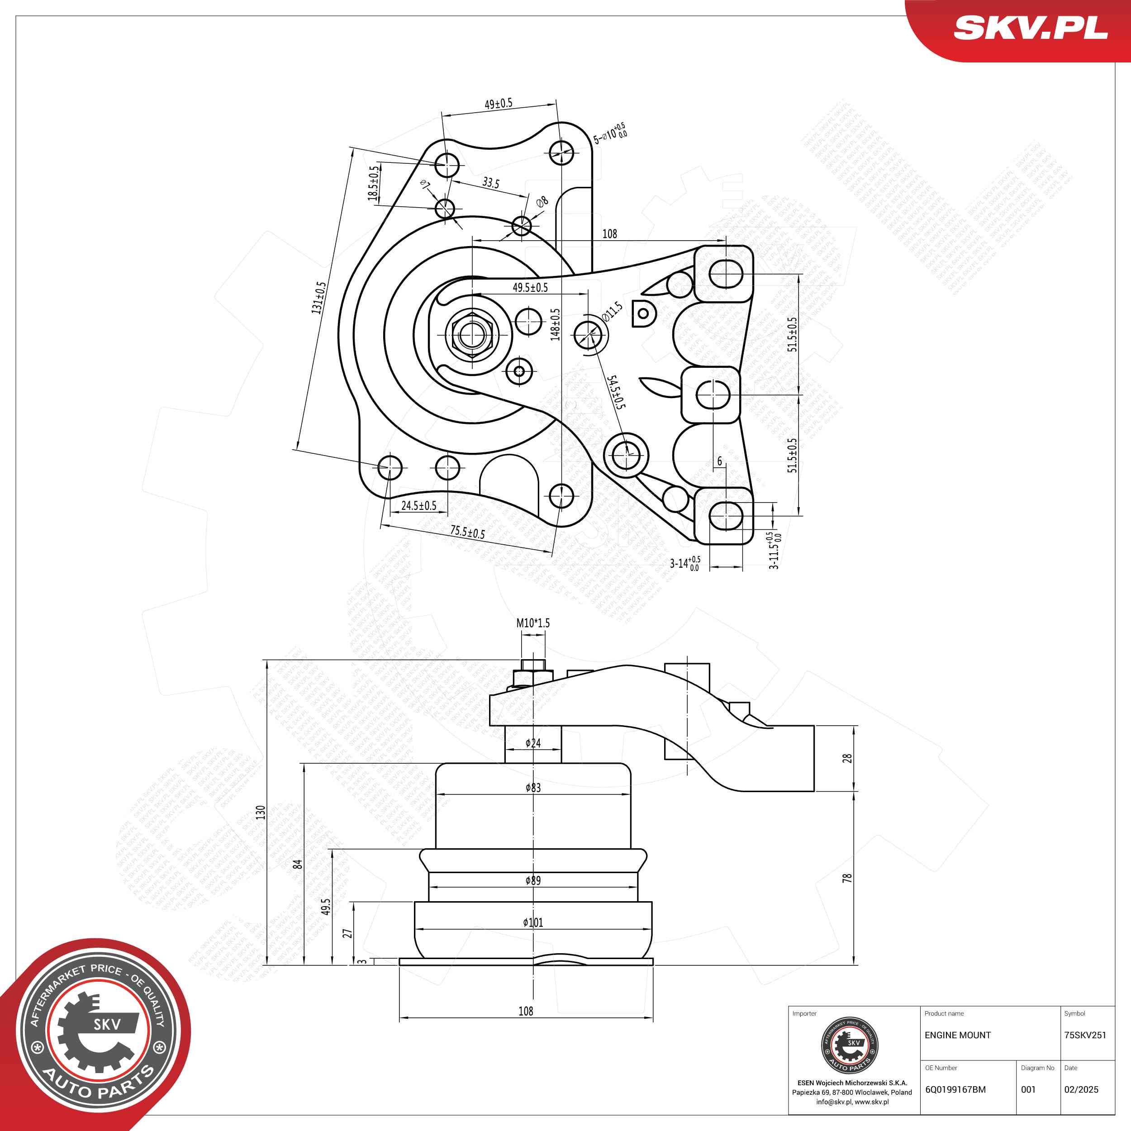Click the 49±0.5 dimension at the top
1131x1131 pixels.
point(498,104)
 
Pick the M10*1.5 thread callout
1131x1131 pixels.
point(533,623)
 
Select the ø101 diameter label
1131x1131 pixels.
point(533,922)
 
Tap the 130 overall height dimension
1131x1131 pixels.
point(261,813)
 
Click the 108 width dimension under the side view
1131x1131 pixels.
point(526,1011)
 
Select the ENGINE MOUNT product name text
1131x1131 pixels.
point(958,1035)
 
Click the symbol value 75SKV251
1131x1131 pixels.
point(1085,1035)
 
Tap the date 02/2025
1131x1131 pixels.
point(1081,1089)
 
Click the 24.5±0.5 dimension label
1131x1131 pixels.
point(418,506)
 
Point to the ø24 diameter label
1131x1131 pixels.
point(533,743)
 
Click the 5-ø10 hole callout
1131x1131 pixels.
point(609,133)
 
